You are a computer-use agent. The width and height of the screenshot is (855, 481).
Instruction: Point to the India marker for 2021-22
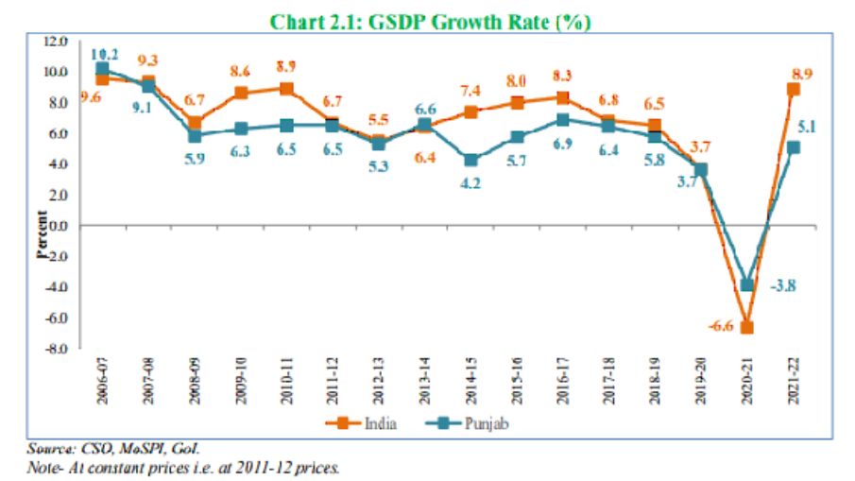pyautogui.click(x=794, y=89)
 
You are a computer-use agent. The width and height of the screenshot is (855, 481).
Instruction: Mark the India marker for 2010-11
pyautogui.click(x=285, y=89)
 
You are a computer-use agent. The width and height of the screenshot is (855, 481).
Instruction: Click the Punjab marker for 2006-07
pyautogui.click(x=102, y=68)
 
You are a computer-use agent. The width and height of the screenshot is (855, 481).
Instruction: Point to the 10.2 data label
pyautogui.click(x=104, y=53)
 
